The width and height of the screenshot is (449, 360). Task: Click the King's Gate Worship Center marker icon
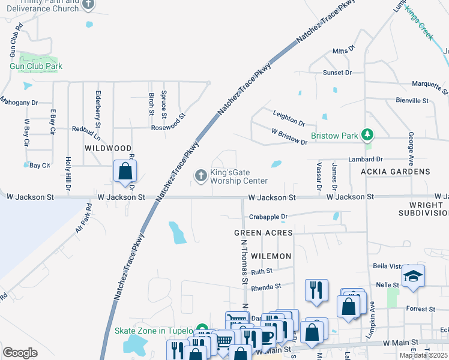(x=201, y=175)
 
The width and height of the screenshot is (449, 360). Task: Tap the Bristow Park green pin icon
(x=368, y=136)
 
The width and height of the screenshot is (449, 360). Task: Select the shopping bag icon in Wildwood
(x=124, y=171)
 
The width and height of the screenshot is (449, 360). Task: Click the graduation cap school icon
(x=413, y=276)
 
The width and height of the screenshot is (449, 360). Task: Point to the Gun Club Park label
(x=36, y=66)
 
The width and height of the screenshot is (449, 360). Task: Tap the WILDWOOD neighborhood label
(x=108, y=148)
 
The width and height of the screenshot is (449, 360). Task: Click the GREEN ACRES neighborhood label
(x=264, y=232)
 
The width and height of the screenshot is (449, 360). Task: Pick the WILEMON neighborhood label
(x=271, y=256)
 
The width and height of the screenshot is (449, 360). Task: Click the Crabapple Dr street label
(x=268, y=217)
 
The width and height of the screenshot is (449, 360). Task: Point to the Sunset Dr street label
(x=337, y=73)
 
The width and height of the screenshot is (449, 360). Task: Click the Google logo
(x=20, y=353)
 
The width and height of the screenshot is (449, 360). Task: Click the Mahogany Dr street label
(x=19, y=103)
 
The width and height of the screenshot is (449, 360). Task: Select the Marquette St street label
(x=429, y=86)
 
